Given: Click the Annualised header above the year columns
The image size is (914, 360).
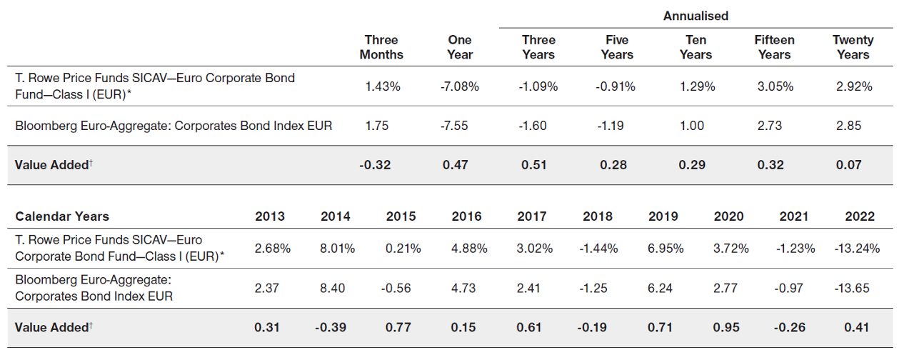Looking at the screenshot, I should [695, 15].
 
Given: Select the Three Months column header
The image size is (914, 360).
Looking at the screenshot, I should [381, 47].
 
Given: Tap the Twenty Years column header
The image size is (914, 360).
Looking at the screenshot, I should [853, 47].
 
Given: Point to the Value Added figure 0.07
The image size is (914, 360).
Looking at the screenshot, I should [848, 165].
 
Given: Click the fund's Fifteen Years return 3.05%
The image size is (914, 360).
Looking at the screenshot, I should [774, 86].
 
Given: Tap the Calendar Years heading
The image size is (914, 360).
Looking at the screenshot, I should [62, 216].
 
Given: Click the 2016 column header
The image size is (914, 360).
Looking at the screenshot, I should [466, 216].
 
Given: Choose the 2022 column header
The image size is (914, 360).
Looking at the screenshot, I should [859, 216].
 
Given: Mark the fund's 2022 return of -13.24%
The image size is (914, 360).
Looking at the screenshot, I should [856, 249].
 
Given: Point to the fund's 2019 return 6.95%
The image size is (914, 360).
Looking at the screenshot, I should [665, 249].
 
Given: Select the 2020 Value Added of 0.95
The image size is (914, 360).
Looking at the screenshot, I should [728, 328].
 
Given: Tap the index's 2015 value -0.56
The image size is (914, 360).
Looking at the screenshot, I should [401, 289].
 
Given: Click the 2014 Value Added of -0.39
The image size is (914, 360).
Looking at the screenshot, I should [332, 328].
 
